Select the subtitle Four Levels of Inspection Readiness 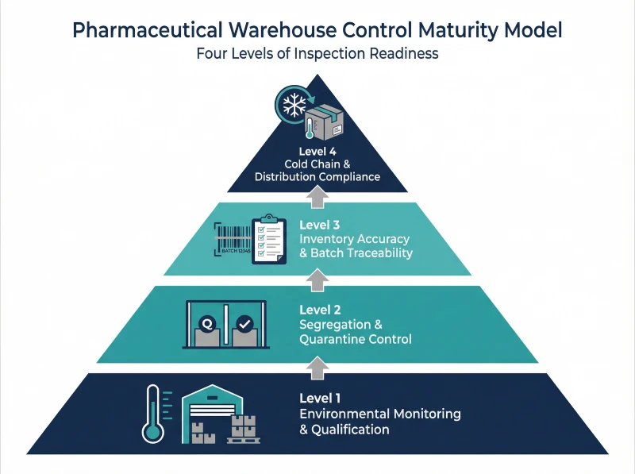317,55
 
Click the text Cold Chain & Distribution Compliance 317,170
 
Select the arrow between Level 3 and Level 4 317,196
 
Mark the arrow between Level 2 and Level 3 317,279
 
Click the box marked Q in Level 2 207,329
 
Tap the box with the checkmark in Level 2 244,329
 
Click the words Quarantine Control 355,339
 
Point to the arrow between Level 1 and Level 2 317,365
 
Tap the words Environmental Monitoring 379,414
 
